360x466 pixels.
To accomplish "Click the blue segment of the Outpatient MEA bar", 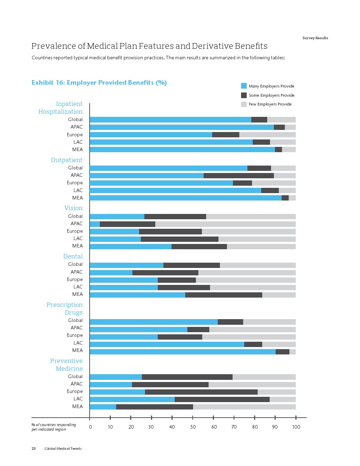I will [186, 198].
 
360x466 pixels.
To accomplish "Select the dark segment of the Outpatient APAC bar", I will [239, 175].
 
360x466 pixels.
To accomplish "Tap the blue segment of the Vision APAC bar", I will [95, 224].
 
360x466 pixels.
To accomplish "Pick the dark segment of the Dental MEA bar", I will [224, 295].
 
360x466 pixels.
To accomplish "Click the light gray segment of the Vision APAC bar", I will [225, 224].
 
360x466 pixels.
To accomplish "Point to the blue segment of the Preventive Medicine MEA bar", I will [103, 407].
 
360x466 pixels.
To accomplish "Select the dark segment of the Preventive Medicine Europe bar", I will [201, 392].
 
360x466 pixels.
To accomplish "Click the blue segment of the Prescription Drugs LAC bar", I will [167, 344].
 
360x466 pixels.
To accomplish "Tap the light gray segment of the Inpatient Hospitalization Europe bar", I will [267, 135].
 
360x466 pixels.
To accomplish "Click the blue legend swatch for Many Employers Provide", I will [244, 86].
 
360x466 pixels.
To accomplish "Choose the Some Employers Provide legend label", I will [271, 95].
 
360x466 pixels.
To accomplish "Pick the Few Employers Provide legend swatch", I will [244, 104].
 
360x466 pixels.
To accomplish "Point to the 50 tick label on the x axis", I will [193, 427].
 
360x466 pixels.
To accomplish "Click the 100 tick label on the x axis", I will [296, 427].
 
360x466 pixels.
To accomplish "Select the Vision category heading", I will [73, 208].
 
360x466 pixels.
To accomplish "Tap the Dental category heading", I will [73, 256].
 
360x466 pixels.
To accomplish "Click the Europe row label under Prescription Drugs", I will [75, 335].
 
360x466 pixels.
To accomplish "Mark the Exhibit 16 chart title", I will [99, 83].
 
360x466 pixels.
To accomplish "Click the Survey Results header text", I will [315, 38].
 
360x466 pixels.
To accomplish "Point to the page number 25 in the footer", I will [34, 448].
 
